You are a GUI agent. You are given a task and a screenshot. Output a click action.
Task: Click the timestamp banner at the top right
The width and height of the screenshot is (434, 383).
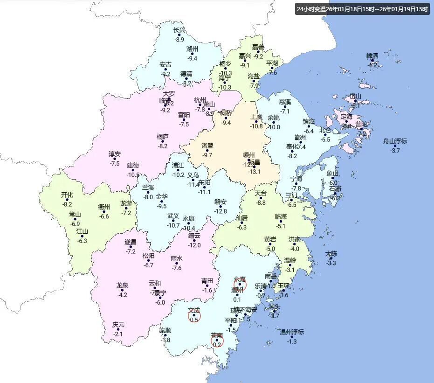click(362, 9)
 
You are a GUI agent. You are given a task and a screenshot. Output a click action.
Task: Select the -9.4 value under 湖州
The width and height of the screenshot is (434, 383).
click(193, 58)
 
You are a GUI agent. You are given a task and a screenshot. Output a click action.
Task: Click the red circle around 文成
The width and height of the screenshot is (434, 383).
click(194, 316)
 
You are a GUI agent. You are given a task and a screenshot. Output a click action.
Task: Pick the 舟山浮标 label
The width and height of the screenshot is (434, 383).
click(395, 141)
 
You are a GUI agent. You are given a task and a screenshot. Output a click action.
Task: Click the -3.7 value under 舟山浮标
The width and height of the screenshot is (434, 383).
click(395, 150)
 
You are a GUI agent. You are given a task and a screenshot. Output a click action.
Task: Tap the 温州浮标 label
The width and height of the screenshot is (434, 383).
click(292, 332)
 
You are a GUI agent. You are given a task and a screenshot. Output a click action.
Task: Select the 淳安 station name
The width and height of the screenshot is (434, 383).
click(115, 154)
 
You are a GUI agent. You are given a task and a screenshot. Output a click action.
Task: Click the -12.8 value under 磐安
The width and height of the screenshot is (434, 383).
click(220, 211)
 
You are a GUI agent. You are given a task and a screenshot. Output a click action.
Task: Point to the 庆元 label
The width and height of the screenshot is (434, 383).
click(118, 325)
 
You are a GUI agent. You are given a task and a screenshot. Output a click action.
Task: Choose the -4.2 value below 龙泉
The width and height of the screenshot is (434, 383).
click(122, 295)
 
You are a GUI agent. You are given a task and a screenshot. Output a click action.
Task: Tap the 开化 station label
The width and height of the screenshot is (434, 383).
click(67, 195)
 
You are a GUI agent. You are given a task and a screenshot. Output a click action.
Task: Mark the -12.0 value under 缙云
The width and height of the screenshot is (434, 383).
click(194, 245)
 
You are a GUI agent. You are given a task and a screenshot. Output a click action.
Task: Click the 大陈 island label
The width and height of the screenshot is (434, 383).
click(331, 254)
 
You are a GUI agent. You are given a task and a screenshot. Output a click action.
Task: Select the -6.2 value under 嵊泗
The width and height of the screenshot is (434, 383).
click(372, 65)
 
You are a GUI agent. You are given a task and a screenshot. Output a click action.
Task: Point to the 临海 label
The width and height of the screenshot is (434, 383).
click(281, 217)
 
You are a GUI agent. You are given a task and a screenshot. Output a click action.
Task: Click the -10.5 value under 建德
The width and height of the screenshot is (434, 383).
click(133, 174)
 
